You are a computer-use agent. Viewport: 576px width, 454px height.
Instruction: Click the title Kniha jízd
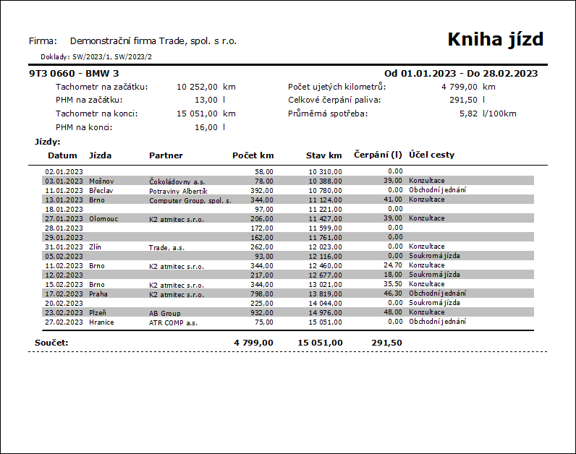(495, 39)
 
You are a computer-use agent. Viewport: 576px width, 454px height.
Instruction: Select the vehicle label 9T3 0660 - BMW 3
(73, 73)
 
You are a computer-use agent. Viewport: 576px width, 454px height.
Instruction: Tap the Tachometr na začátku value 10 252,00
(197, 87)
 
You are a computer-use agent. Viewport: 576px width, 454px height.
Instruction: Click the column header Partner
(166, 155)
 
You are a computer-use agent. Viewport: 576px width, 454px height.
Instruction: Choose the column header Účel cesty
(431, 155)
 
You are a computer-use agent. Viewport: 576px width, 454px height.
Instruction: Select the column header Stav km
(323, 155)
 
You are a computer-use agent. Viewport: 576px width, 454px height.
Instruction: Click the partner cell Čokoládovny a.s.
(177, 181)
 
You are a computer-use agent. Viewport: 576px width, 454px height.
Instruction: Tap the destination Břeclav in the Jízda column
(101, 190)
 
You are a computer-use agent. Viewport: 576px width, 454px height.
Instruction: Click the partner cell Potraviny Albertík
(178, 190)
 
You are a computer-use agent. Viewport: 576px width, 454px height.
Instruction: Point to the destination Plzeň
(98, 312)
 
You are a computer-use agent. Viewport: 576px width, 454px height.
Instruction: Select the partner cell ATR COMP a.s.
(173, 322)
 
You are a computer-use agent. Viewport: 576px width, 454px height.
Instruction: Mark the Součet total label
(51, 342)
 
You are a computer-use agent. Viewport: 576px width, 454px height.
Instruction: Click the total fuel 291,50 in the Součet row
(386, 342)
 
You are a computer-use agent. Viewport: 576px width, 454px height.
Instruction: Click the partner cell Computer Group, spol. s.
(190, 200)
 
